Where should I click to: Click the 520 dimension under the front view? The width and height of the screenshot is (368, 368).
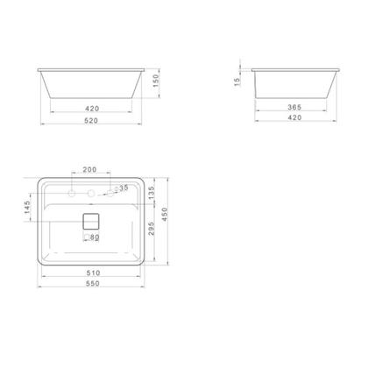point(91,123)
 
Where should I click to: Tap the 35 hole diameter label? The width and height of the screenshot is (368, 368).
point(123,188)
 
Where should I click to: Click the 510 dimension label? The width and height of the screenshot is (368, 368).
point(91,272)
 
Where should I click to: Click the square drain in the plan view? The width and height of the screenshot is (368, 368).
point(91,221)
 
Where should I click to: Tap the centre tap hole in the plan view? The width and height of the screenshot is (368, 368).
point(91,192)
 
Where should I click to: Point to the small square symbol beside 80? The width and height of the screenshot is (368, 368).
point(86,237)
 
